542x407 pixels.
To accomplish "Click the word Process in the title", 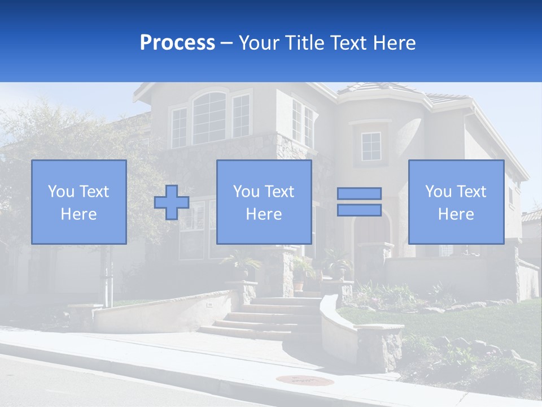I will [x=177, y=43].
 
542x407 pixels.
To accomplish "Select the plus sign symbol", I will [x=172, y=202].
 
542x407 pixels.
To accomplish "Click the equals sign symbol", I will [x=359, y=202].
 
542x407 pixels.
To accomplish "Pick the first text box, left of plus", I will [x=79, y=202].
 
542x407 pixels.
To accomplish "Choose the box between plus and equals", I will [x=264, y=202].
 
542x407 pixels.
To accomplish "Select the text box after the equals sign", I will [x=456, y=202].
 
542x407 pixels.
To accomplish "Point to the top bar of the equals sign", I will [x=359, y=194].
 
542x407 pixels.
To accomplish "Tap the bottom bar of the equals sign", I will [x=359, y=210].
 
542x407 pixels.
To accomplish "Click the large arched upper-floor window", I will [x=209, y=118].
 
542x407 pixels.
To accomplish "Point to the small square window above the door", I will [x=371, y=146].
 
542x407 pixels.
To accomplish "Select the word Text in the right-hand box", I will [x=470, y=192].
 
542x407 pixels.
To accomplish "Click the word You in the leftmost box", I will [x=61, y=192].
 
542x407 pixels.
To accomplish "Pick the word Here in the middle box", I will [x=264, y=214].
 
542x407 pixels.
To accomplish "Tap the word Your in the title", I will [x=260, y=43].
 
